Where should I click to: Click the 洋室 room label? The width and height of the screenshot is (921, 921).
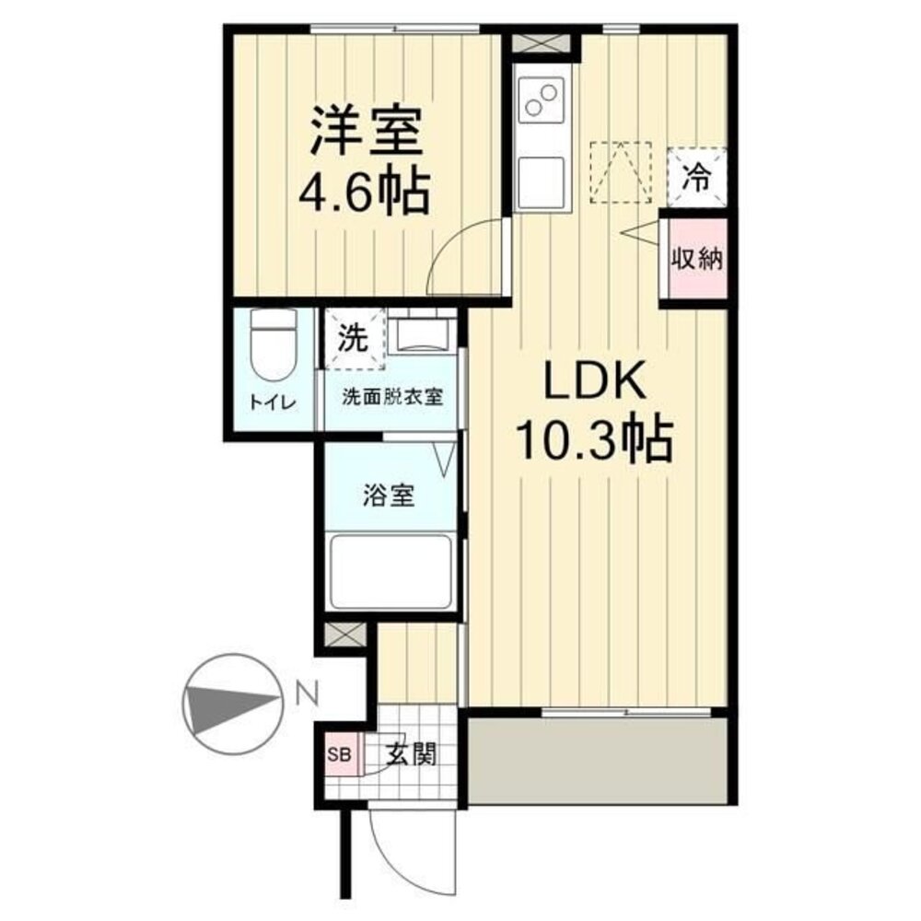[x=367, y=132]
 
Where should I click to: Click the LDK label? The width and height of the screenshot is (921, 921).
[x=595, y=383]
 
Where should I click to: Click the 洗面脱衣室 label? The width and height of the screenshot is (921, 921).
[x=391, y=398]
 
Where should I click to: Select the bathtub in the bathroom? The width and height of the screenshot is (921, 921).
[x=391, y=571]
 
